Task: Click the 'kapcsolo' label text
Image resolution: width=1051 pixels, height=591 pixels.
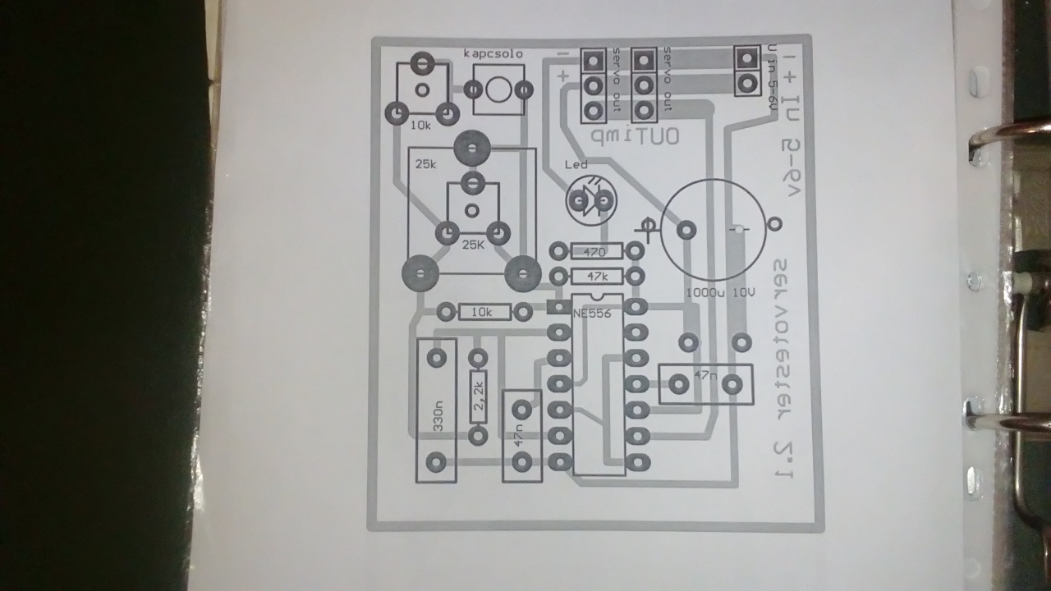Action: [x=493, y=54]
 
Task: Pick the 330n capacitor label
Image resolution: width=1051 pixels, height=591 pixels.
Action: [x=438, y=415]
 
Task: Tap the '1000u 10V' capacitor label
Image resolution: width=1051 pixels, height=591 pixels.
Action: [x=719, y=292]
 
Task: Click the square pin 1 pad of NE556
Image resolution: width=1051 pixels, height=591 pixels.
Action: [x=558, y=308]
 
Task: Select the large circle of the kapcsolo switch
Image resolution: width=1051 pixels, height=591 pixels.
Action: [x=498, y=89]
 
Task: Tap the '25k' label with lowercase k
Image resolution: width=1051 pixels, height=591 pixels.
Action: [x=426, y=164]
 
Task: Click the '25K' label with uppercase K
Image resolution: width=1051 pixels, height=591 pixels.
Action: [x=473, y=245]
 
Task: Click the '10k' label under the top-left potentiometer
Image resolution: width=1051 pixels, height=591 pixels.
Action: [x=420, y=126]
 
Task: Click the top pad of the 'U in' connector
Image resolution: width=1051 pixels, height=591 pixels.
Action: [x=746, y=58]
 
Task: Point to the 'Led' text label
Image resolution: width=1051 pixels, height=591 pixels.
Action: [x=577, y=164]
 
